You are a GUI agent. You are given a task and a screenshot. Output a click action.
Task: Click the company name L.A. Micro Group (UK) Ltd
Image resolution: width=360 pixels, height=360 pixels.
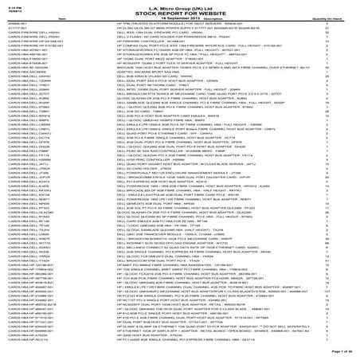coord(179,5)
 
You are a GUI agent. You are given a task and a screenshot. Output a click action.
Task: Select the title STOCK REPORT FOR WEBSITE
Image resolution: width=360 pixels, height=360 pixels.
coord(179,10)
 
